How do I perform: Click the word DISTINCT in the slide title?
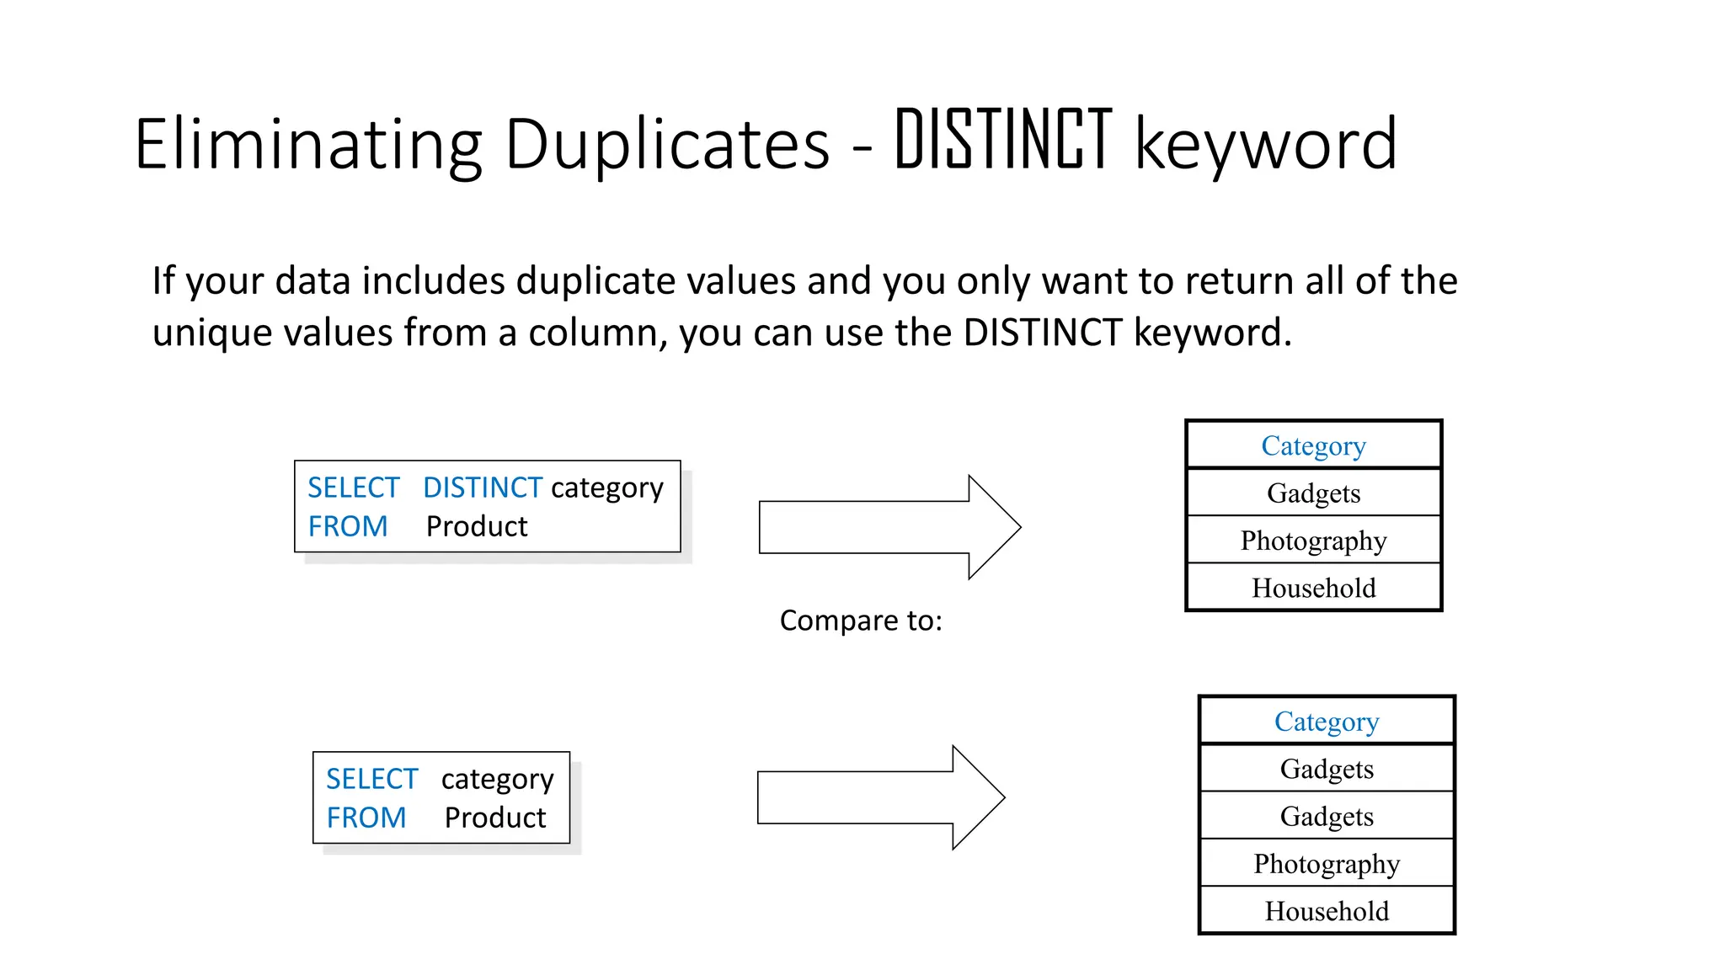(1003, 141)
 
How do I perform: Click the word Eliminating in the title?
(308, 145)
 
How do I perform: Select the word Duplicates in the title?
(667, 145)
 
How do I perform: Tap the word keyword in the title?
(1266, 145)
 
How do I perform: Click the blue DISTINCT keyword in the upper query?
(482, 488)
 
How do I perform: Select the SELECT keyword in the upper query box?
(353, 488)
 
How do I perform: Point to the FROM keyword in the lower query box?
(366, 818)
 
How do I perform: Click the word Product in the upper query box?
(477, 526)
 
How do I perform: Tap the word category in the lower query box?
(497, 780)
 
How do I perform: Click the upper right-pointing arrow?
(889, 527)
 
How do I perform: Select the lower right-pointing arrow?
(880, 797)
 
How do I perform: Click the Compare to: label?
(861, 621)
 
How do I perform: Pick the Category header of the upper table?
(1313, 445)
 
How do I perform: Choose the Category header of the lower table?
(1327, 722)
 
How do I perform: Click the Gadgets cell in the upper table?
(1313, 493)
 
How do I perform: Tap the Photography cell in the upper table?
(1313, 541)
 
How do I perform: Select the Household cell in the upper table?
(1313, 588)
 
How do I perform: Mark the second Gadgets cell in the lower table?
(1327, 816)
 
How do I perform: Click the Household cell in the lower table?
(1327, 911)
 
